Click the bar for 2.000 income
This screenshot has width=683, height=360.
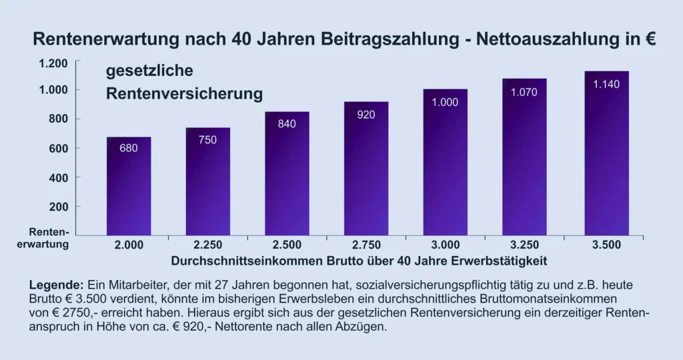pyautogui.click(x=129, y=187)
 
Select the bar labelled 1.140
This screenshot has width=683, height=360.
pyautogui.click(x=606, y=153)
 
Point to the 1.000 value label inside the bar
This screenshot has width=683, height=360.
pyautogui.click(x=445, y=103)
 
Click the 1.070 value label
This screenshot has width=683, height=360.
pyautogui.click(x=524, y=93)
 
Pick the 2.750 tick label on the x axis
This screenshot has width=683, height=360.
pyautogui.click(x=366, y=245)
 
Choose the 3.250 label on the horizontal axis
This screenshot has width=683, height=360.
pyautogui.click(x=524, y=245)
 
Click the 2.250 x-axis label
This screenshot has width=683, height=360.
pyautogui.click(x=208, y=245)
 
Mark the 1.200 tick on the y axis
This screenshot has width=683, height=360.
pyautogui.click(x=53, y=63)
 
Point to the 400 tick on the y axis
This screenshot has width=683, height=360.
pyautogui.click(x=58, y=177)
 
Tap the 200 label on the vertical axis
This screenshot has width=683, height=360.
pyautogui.click(x=58, y=207)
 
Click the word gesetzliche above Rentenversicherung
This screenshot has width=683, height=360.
pyautogui.click(x=149, y=71)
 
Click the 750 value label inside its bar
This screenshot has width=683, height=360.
pyautogui.click(x=208, y=140)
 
